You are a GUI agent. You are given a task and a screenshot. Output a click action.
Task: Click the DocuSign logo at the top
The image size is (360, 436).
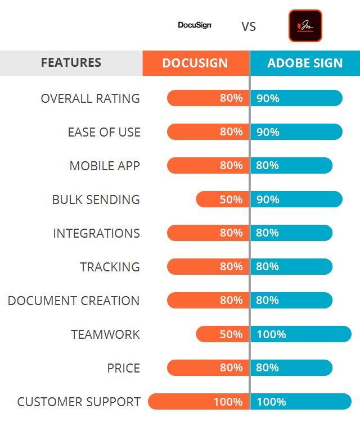195,25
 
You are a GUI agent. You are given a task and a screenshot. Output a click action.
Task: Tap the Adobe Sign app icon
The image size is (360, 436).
305,26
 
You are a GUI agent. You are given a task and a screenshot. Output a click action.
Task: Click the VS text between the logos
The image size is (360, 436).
249,26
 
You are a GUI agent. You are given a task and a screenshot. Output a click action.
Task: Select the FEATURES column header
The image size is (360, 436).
71,63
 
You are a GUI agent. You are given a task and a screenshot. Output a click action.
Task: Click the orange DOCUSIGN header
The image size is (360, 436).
195,63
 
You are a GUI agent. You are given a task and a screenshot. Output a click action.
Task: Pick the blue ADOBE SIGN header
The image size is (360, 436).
305,63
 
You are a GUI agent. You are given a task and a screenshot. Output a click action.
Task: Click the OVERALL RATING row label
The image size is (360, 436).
90,98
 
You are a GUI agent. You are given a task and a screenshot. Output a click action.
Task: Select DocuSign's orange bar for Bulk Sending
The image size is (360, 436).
222,199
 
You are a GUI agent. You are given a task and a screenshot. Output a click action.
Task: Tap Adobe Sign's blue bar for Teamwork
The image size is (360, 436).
301,334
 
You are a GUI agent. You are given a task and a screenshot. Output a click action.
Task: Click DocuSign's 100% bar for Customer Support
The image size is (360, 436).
198,402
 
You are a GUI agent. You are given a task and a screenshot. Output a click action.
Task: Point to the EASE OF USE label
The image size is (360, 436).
104,132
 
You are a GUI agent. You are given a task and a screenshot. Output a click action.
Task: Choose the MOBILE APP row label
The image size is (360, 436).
105,166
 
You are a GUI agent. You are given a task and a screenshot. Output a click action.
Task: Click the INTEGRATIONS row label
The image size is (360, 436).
96,233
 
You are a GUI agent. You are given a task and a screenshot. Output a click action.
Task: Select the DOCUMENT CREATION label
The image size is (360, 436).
74,301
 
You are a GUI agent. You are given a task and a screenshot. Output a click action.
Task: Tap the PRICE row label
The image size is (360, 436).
124,368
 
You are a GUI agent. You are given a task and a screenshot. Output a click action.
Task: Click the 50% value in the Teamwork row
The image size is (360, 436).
231,334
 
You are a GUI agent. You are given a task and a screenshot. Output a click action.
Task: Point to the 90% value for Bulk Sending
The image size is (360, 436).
268,199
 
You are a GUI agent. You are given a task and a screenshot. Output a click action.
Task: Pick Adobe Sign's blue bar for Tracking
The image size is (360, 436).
292,267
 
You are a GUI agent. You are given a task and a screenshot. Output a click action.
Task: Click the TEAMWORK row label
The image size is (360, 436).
105,334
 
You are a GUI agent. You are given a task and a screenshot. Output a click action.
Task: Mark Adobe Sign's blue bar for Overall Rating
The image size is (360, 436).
296,98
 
